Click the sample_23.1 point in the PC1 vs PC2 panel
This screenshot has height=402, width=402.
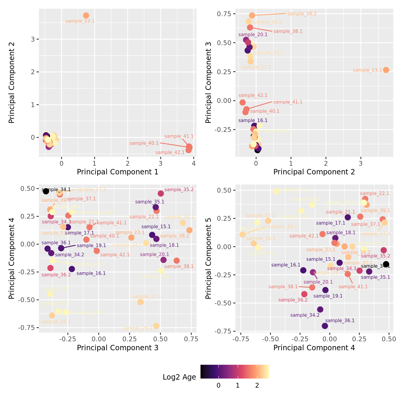[86, 16]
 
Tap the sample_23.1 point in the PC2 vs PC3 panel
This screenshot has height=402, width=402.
[386, 70]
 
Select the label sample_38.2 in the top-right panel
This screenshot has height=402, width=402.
[302, 14]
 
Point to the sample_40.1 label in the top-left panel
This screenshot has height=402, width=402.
[144, 143]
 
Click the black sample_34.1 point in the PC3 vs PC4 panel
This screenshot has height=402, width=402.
[46, 191]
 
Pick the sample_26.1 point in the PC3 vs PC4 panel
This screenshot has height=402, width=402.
[156, 326]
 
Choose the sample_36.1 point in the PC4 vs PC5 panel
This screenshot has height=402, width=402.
[325, 326]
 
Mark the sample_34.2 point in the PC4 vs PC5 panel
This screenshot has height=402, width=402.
[320, 309]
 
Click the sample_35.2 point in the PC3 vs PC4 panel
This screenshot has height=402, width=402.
[161, 194]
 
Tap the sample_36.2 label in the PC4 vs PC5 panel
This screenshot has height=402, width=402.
[293, 300]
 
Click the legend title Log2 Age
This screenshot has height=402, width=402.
[179, 377]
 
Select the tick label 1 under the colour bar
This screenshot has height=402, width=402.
[237, 386]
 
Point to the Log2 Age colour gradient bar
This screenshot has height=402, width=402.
[235, 371]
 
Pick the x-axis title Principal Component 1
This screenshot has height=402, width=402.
[118, 172]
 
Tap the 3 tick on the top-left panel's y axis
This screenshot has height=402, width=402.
[33, 39]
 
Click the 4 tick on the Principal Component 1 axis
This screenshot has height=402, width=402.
[194, 163]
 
